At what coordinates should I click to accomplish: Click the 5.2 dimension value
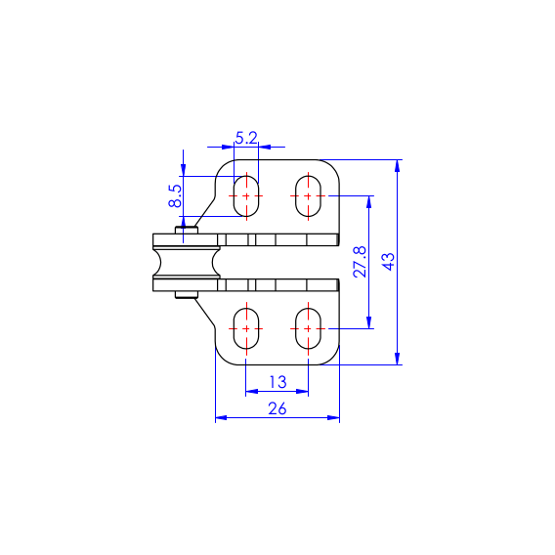(x=246, y=138)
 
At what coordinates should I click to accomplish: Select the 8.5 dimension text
(x=175, y=195)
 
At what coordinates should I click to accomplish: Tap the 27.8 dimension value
(x=360, y=262)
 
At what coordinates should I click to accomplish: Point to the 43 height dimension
(x=388, y=262)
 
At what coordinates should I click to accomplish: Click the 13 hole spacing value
(x=277, y=382)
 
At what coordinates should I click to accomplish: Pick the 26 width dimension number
(x=277, y=408)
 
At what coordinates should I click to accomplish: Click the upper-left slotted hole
(x=246, y=195)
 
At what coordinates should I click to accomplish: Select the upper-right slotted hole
(x=309, y=195)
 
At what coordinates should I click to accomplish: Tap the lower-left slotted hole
(x=246, y=328)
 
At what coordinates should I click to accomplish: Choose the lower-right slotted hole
(x=309, y=328)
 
